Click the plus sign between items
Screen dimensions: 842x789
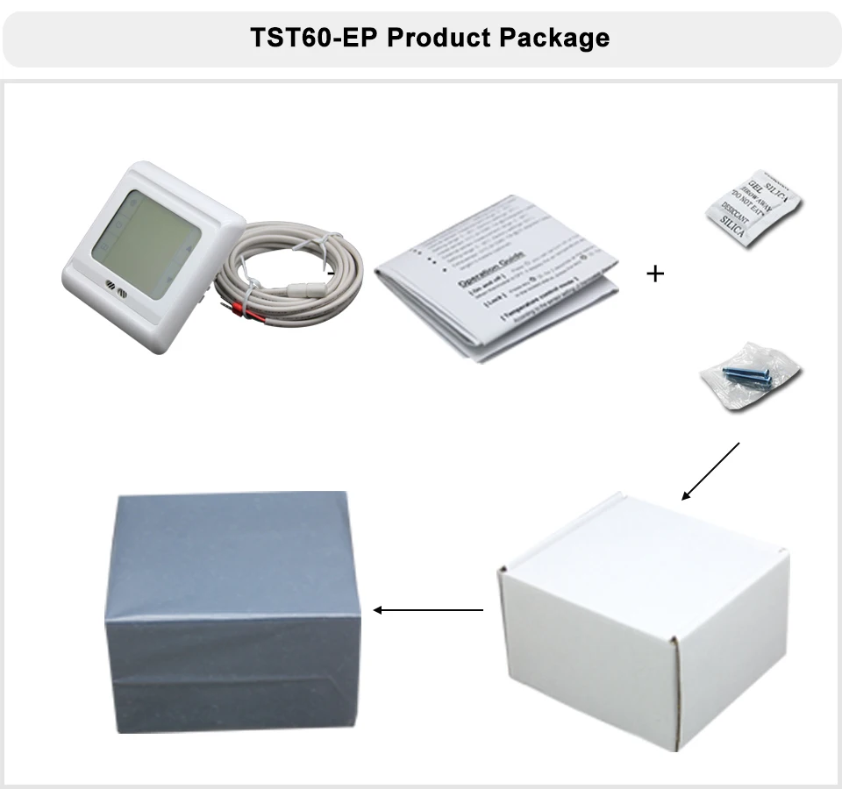tap(655, 274)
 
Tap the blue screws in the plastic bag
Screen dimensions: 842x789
tap(747, 375)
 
